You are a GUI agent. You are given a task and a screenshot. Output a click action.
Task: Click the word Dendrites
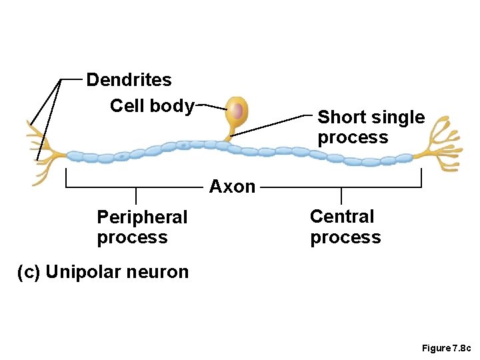coord(129,81)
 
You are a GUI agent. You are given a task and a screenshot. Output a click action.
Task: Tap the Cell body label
coord(152,106)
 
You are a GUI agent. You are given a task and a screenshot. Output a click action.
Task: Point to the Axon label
coord(232,187)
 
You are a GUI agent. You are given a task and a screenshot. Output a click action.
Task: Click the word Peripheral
coord(142,217)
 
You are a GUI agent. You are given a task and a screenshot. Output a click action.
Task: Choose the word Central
coord(342,217)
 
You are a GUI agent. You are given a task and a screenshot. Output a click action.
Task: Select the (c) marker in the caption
coord(29,272)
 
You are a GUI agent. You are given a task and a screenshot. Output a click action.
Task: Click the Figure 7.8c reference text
coord(446,349)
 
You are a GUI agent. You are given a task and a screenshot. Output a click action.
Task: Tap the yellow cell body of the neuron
coord(236,120)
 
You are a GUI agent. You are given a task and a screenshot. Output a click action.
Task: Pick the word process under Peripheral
coord(132,238)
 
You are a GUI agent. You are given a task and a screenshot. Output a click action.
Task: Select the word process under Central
coord(345,238)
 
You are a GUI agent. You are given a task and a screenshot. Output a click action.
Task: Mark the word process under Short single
coord(353,138)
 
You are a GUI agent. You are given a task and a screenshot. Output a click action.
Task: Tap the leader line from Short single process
coord(273,126)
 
